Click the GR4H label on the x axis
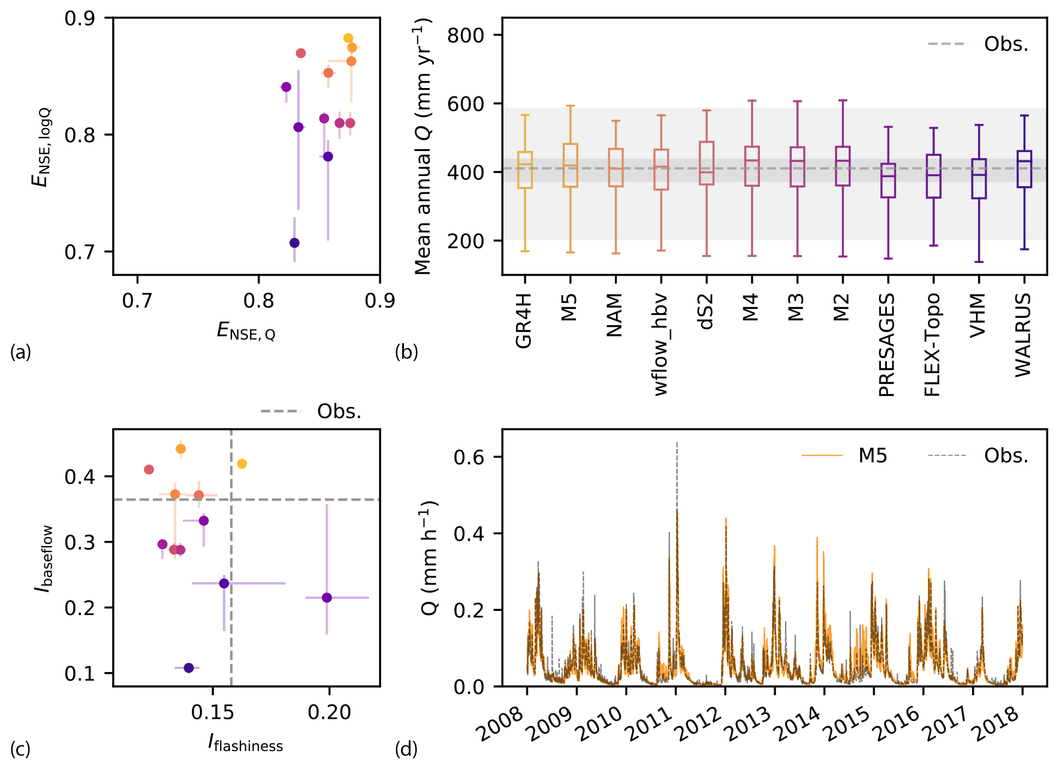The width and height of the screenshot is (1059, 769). (x=524, y=321)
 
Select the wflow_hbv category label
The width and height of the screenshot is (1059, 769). (x=660, y=345)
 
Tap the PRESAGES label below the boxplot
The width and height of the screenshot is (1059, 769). (x=886, y=345)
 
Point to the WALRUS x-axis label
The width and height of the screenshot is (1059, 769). (x=1023, y=335)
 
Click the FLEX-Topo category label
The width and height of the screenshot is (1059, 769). (x=932, y=345)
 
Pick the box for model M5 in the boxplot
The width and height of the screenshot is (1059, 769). (x=570, y=165)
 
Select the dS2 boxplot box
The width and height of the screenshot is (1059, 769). (x=707, y=163)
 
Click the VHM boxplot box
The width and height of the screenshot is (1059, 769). (x=979, y=178)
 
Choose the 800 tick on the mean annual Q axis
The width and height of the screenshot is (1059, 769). (x=466, y=35)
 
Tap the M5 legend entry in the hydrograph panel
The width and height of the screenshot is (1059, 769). (x=872, y=456)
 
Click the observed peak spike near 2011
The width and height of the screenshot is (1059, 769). (x=677, y=444)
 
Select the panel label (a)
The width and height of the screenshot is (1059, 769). (x=20, y=352)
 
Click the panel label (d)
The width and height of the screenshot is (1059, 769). (x=406, y=749)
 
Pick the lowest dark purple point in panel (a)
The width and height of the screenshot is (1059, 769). (x=294, y=243)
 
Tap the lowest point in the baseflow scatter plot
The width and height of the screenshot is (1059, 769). (x=189, y=668)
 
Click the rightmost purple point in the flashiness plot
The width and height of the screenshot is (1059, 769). (x=327, y=598)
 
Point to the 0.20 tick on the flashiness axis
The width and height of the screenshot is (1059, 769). (x=329, y=712)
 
